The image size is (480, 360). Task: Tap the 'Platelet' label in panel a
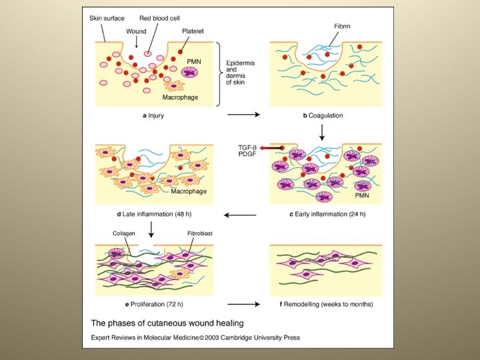tap(193, 31)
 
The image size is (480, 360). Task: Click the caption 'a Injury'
tap(153, 115)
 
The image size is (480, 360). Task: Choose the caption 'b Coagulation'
tap(323, 115)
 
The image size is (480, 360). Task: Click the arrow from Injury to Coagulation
tap(244, 115)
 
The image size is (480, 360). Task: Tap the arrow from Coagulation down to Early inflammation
tap(322, 133)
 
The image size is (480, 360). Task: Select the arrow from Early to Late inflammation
tap(239, 215)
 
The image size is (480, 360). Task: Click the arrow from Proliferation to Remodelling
tap(243, 305)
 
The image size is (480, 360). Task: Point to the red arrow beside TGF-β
tap(269, 147)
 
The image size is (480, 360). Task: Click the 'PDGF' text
tap(247, 155)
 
